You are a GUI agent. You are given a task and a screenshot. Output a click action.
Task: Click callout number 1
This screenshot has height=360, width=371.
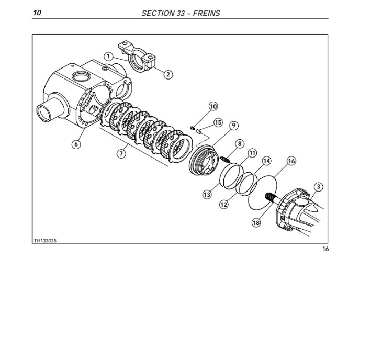click(108, 57)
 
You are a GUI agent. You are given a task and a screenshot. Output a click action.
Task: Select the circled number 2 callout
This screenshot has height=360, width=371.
click(168, 74)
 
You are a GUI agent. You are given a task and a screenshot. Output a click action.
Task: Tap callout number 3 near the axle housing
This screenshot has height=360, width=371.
click(319, 187)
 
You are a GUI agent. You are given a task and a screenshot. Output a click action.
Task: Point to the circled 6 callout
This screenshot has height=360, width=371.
click(76, 144)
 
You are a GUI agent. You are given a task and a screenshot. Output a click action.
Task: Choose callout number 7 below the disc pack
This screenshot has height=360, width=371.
click(121, 154)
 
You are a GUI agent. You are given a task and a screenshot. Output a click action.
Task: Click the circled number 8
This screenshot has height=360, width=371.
click(240, 143)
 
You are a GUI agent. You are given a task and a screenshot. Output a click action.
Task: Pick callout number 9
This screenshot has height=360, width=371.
click(234, 126)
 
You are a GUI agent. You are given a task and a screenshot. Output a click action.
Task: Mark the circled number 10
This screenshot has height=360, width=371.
click(213, 106)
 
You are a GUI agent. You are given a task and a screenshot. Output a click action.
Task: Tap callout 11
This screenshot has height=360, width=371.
click(252, 153)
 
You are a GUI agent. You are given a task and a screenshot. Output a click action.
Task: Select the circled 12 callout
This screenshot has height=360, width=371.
click(224, 204)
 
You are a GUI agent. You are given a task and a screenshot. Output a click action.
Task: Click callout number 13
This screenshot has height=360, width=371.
click(207, 195)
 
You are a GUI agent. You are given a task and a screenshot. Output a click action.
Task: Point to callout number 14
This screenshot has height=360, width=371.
click(267, 161)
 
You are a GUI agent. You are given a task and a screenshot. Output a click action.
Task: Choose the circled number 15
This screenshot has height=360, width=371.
click(218, 122)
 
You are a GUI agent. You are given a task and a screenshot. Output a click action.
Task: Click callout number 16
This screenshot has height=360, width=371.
click(291, 161)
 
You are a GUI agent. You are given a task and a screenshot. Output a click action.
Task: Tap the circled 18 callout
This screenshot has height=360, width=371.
click(256, 222)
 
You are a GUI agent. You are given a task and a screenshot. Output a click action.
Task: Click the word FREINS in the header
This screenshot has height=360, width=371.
click(207, 13)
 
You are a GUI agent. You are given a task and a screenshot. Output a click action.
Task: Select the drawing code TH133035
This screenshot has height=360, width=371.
click(45, 241)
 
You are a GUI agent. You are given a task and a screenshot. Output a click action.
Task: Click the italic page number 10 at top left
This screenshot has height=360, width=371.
click(37, 13)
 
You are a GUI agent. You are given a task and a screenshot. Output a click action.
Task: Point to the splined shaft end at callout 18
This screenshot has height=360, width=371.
click(269, 197)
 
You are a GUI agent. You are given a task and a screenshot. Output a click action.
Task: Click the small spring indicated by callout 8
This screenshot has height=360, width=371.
click(225, 160)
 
